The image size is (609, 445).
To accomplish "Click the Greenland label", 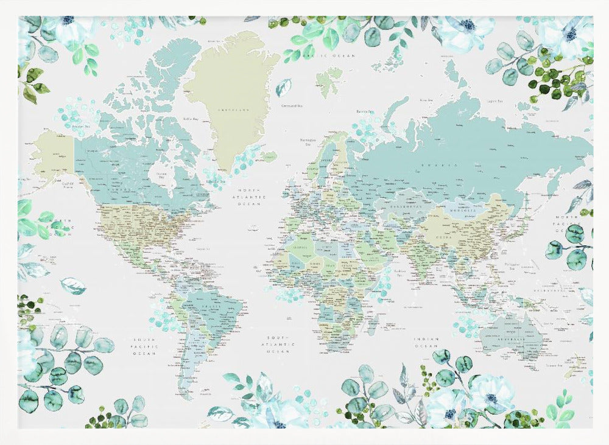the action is click(x=234, y=110).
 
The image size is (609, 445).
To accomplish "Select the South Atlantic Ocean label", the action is click(x=277, y=344).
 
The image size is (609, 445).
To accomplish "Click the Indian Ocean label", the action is click(x=427, y=342).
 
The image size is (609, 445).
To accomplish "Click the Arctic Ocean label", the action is click(x=334, y=55).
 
